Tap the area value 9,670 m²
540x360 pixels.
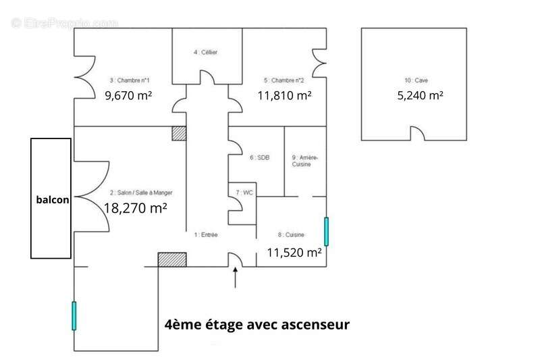[x=128, y=95]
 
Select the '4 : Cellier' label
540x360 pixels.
[x=206, y=52]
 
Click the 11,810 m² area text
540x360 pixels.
[x=284, y=95]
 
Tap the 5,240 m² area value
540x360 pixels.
[x=420, y=95]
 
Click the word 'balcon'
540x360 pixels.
[x=53, y=201]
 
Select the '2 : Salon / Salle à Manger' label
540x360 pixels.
[x=140, y=192]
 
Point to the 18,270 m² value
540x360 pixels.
[x=135, y=208]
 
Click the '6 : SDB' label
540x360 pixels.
[x=259, y=157]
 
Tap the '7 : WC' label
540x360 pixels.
[x=244, y=192]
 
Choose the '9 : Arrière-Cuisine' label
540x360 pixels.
[x=300, y=161]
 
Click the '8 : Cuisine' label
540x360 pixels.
[x=291, y=235]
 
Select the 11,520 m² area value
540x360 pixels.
[x=294, y=253]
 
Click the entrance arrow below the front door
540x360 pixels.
[x=235, y=278]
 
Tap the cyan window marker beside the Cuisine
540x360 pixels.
[x=326, y=232]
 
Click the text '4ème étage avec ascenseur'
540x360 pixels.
[x=257, y=325]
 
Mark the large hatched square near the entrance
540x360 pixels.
[x=172, y=260]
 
